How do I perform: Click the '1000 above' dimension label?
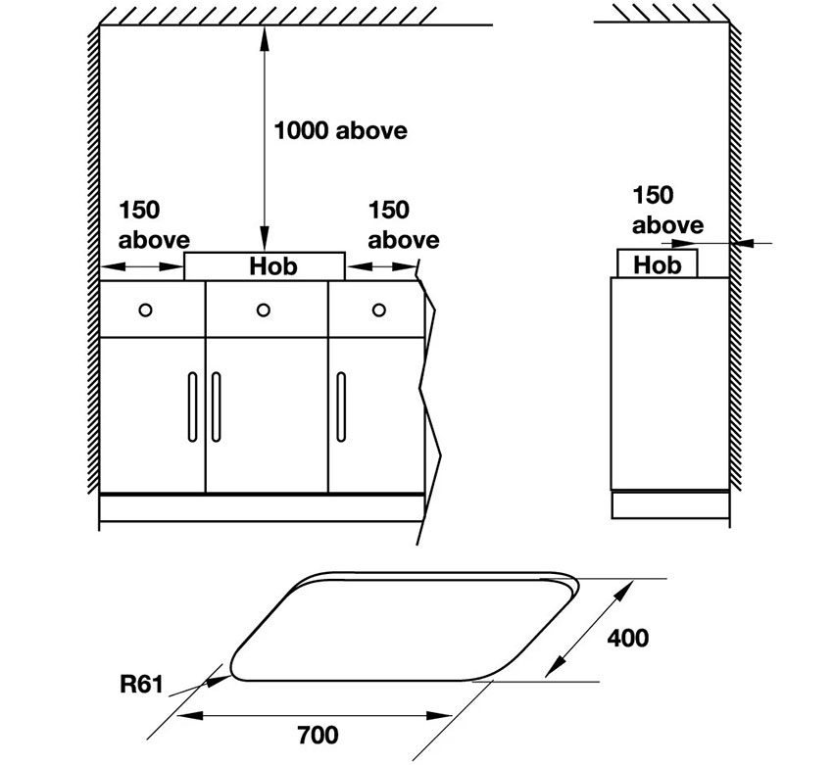click(x=339, y=130)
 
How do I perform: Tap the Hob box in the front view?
click(x=265, y=265)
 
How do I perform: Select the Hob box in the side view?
click(x=657, y=263)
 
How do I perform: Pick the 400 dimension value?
click(x=627, y=638)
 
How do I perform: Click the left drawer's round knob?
click(x=145, y=310)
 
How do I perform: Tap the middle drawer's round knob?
click(x=263, y=310)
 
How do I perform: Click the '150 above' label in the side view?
click(x=667, y=210)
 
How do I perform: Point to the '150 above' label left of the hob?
click(x=154, y=224)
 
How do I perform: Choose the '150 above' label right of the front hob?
click(x=403, y=224)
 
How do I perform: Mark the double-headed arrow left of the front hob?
click(x=143, y=265)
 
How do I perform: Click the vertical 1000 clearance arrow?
click(x=263, y=137)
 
